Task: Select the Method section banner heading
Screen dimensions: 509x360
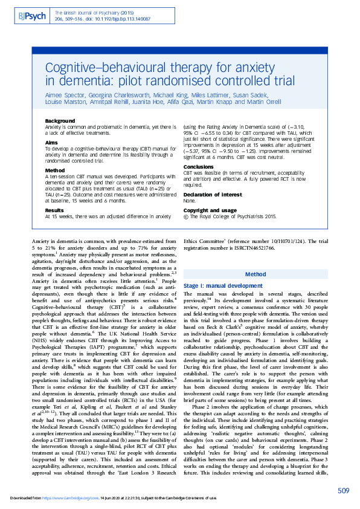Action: coord(256,274)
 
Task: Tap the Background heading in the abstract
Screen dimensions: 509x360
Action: coord(60,121)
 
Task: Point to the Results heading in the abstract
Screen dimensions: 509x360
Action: coord(54,210)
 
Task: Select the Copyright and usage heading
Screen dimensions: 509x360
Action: coord(206,210)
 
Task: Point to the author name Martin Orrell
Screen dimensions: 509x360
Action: coord(264,102)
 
